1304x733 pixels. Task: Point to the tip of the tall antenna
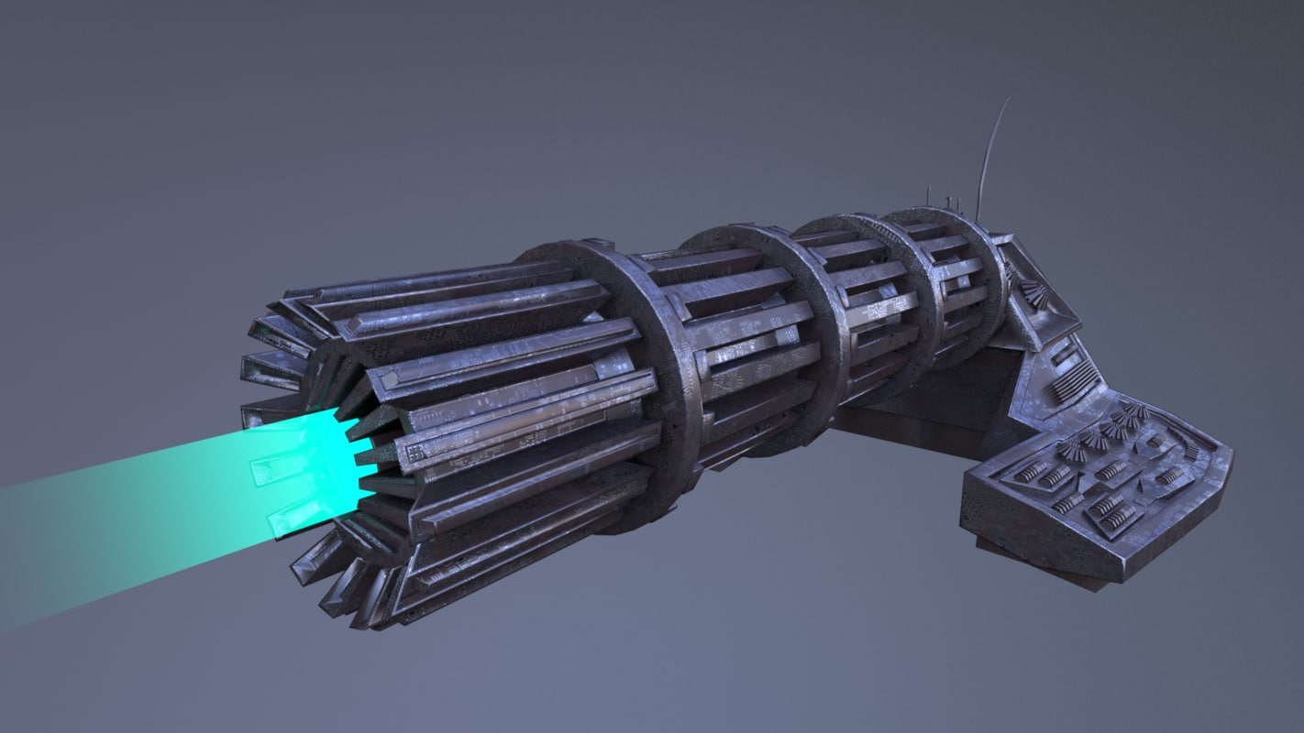1008,99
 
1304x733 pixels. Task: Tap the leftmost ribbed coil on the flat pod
1032,471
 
